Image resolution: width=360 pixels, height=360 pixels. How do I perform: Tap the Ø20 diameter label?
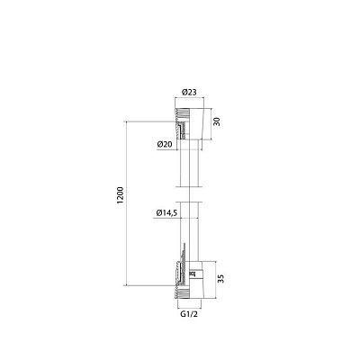pyautogui.click(x=165, y=144)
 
